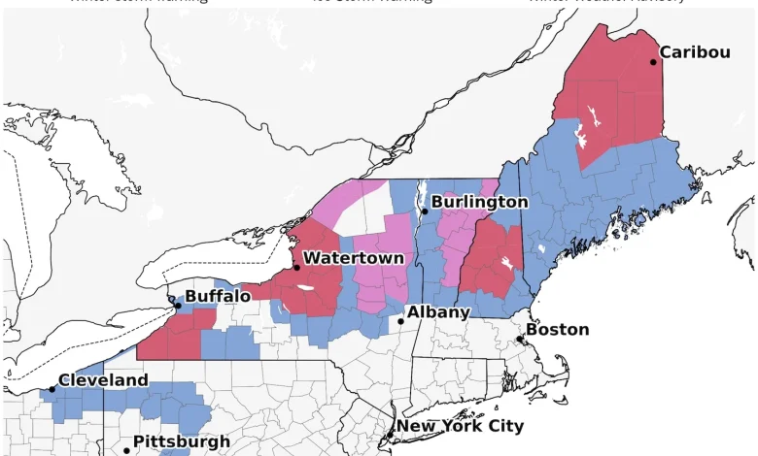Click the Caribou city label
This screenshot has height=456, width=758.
(695, 52)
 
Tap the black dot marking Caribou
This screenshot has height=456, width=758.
(653, 62)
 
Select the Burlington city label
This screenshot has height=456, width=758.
(479, 202)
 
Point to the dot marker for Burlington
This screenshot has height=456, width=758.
(424, 211)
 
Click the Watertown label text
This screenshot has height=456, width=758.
(353, 258)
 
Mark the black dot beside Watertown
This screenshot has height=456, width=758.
(296, 267)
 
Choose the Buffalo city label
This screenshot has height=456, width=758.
(218, 296)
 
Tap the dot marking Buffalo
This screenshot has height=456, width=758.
(178, 305)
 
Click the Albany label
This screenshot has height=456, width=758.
(438, 312)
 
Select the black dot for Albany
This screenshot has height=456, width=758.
(400, 321)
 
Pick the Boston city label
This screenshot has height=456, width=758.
(557, 330)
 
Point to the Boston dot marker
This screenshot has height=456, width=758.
(520, 340)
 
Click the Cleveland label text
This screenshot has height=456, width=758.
(103, 380)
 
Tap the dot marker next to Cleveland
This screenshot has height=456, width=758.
(52, 389)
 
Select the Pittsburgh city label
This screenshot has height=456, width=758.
(182, 441)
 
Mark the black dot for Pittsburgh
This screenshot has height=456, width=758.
(126, 450)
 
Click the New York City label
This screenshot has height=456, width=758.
(460, 426)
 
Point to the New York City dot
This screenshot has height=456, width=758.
(392, 435)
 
